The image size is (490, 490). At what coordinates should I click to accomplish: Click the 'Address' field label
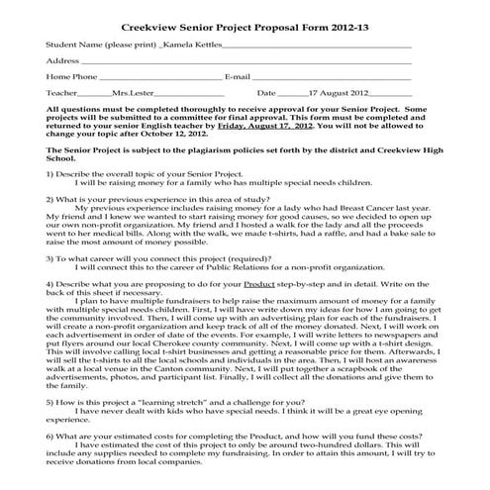click(63, 60)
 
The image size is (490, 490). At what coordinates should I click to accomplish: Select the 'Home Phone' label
click(72, 76)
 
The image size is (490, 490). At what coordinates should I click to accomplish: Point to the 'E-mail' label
click(244, 76)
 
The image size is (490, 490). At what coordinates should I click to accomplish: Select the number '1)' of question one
click(50, 175)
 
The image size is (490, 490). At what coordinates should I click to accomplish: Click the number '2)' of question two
click(50, 199)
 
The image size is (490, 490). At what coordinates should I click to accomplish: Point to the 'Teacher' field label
click(62, 92)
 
